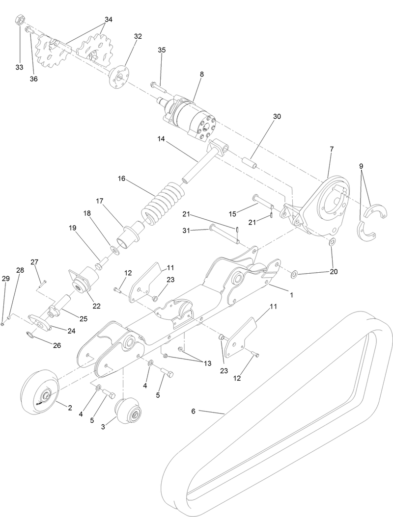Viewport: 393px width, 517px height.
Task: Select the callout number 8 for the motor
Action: pyautogui.click(x=201, y=74)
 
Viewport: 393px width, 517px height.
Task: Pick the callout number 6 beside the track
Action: pyautogui.click(x=193, y=411)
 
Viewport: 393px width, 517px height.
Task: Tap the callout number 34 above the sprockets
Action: pyautogui.click(x=108, y=20)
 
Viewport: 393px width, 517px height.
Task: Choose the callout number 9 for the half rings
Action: pyautogui.click(x=361, y=166)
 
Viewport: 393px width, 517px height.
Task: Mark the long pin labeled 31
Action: pyautogui.click(x=224, y=234)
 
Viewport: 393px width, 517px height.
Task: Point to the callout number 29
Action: pyautogui.click(x=5, y=279)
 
